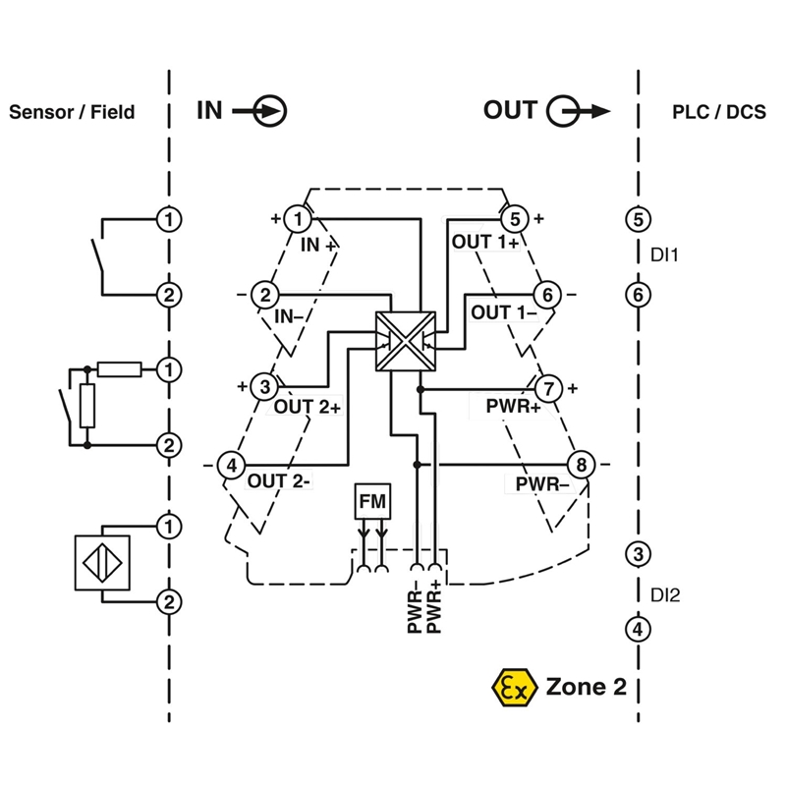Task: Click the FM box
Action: point(372,501)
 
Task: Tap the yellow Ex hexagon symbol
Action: point(514,687)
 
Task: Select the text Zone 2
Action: point(586,687)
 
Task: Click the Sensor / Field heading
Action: point(72,112)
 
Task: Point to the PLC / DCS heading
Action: point(719,111)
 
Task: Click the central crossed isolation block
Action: point(404,341)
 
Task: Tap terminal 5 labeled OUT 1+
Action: point(515,218)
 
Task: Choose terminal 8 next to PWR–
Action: point(581,464)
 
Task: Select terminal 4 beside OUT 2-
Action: point(231,464)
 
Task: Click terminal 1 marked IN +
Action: point(298,218)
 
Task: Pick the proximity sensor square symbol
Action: point(101,562)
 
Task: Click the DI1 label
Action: point(665,255)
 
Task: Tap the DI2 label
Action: point(666,593)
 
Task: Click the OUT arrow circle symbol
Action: point(562,111)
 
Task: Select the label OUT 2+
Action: point(308,406)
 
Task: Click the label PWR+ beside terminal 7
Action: point(513,406)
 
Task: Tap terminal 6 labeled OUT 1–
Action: point(547,294)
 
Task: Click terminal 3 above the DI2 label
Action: point(638,554)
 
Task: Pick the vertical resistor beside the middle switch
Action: point(88,406)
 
